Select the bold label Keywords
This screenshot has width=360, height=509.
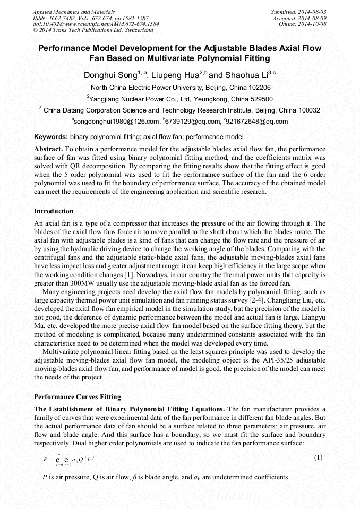pyautogui.click(x=50, y=136)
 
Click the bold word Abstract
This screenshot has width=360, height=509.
pyautogui.click(x=48, y=149)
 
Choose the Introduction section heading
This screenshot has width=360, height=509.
pyautogui.click(x=54, y=211)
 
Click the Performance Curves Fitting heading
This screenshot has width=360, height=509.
pyautogui.click(x=77, y=396)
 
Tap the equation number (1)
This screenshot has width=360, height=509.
pyautogui.click(x=318, y=457)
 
